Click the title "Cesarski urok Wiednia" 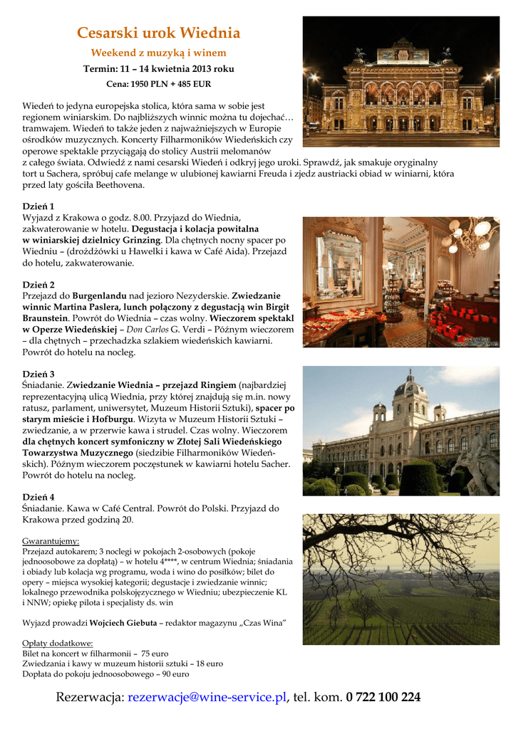[158, 33]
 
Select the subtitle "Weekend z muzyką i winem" [158, 53]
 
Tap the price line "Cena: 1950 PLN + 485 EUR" [158, 84]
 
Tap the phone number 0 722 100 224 [383, 697]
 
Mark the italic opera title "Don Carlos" [147, 330]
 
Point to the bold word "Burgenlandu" [99, 295]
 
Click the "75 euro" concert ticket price [155, 654]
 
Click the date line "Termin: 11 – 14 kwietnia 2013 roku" [158, 69]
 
